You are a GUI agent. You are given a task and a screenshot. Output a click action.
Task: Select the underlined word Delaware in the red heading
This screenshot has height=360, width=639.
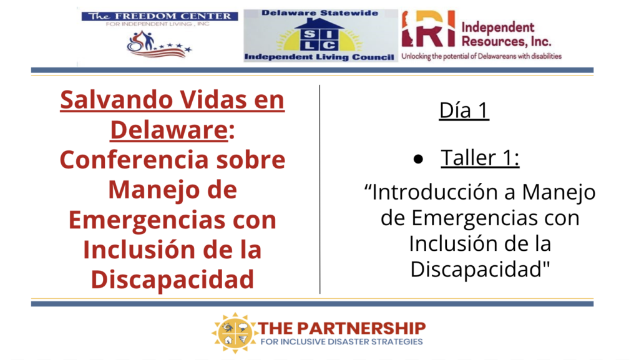click(x=168, y=130)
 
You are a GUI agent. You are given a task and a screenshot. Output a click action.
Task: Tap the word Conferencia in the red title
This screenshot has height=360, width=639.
click(x=135, y=160)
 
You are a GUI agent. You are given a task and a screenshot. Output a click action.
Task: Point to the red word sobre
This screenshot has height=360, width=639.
click(x=251, y=160)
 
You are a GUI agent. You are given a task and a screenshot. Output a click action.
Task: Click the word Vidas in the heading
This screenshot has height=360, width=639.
click(x=213, y=100)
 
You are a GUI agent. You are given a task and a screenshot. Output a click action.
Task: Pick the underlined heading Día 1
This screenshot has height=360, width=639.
click(x=464, y=110)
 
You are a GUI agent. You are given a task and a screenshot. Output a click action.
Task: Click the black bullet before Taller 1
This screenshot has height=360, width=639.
click(x=418, y=159)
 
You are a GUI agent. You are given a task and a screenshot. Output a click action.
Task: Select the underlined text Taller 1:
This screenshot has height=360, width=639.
click(x=480, y=158)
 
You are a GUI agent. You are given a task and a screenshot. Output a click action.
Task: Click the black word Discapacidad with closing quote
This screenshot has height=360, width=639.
click(x=480, y=269)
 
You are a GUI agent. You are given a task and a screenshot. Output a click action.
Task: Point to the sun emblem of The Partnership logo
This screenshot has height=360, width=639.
click(x=235, y=333)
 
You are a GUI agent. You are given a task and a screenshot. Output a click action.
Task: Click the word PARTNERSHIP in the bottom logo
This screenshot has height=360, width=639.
click(x=361, y=328)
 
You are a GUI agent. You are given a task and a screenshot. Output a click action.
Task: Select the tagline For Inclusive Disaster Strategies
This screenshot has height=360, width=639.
click(x=341, y=342)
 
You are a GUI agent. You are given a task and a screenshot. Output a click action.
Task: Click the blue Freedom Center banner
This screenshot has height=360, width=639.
click(x=160, y=16)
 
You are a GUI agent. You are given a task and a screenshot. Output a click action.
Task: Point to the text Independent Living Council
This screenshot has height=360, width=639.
click(x=319, y=57)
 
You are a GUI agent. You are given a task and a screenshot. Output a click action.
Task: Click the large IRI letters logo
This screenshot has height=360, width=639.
click(x=428, y=29)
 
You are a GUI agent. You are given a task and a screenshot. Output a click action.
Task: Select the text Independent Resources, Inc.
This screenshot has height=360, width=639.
click(x=506, y=34)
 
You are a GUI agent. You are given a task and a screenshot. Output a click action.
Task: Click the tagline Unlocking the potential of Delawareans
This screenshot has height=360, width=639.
click(x=482, y=56)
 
